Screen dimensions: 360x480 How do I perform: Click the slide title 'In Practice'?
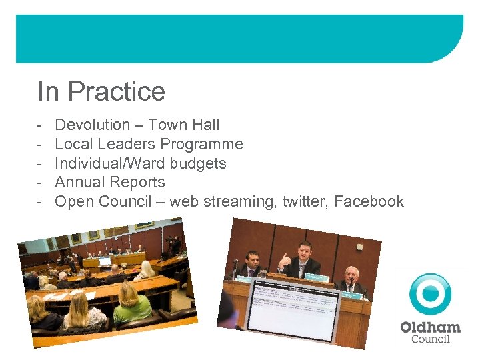(101, 91)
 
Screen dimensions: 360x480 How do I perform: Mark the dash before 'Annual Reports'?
(41, 182)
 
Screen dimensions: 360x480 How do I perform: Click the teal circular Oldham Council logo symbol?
(430, 294)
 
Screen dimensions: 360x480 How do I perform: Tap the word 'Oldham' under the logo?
(430, 327)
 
